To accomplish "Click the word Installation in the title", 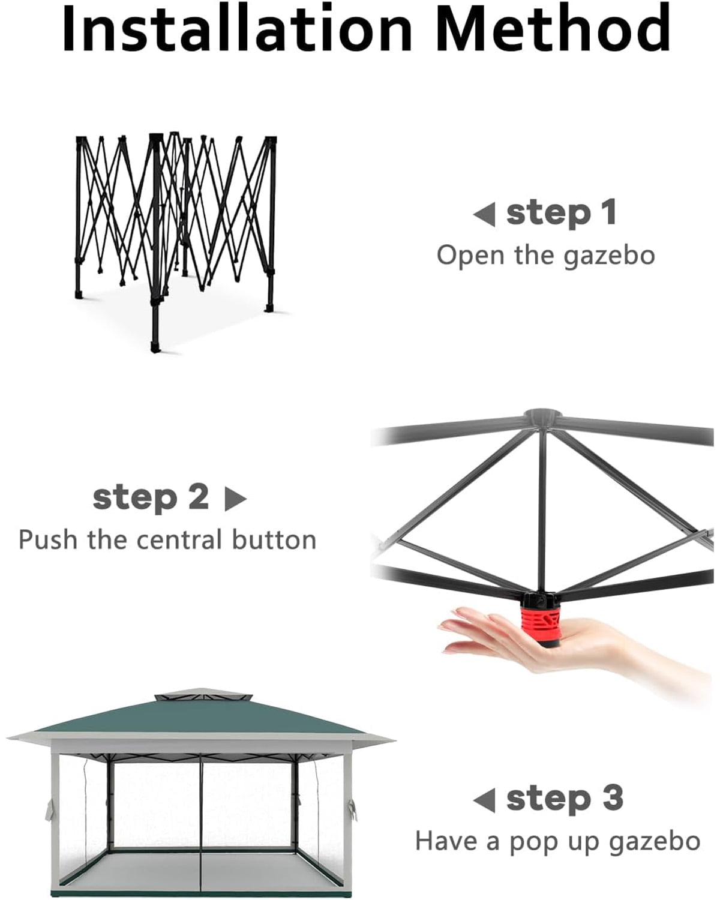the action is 237,28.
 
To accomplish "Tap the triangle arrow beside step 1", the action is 484,214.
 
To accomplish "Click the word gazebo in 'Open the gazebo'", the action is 609,256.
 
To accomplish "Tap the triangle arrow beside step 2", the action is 236,499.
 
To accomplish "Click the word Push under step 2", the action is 49,540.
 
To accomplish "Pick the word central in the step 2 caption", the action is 179,540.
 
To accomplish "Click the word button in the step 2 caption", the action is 274,540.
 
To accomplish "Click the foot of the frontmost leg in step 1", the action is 155,347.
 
